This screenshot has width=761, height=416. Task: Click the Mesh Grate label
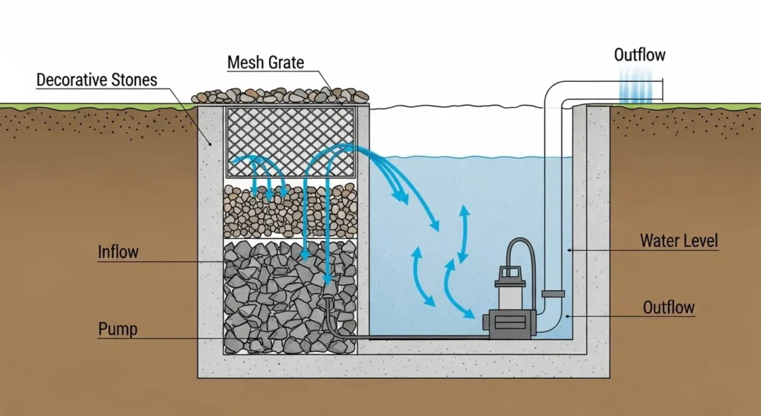pos(265,63)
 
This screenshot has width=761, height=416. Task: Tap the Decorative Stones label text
pos(96,79)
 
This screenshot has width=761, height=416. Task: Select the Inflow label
pos(118,252)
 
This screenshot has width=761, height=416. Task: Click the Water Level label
pos(679,241)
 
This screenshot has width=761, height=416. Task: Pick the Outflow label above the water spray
pos(640,54)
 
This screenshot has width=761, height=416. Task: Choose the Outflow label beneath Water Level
pos(668,307)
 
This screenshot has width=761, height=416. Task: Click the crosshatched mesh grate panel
pos(291,141)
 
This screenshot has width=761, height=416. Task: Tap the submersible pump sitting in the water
pos(509,305)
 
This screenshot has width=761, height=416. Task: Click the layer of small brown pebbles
pos(290,211)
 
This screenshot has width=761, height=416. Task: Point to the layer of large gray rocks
pos(290,298)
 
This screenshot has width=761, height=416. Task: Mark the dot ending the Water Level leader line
pos(570,250)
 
